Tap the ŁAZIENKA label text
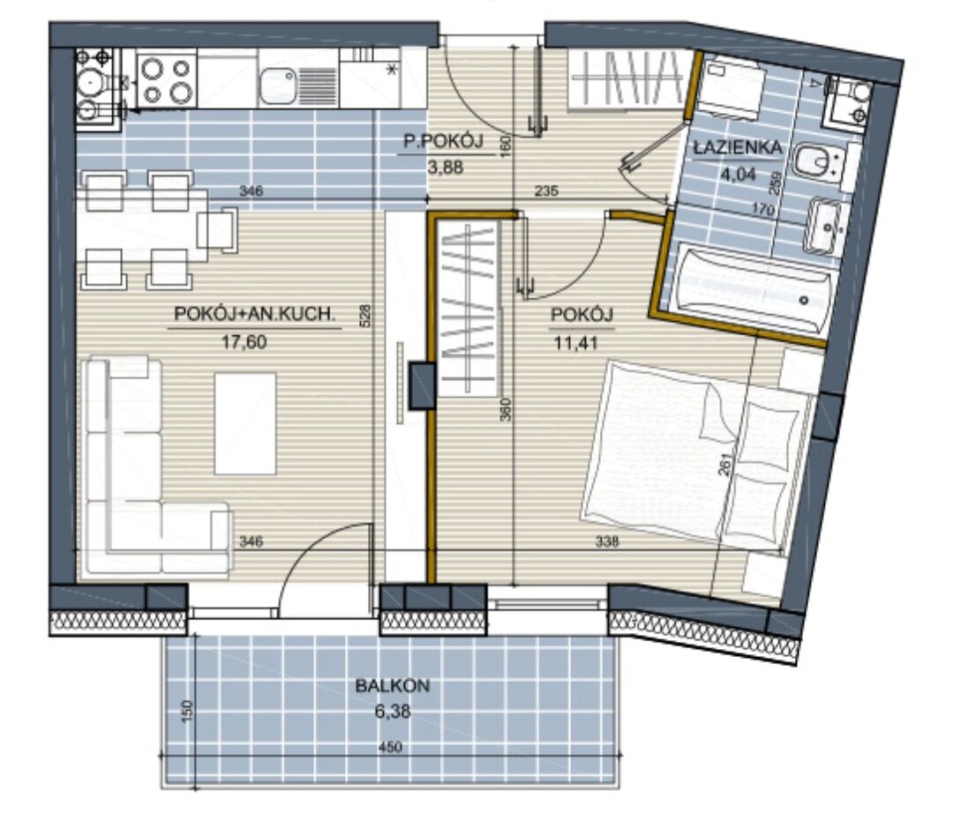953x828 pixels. tap(738, 147)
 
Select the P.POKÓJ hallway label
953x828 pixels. tap(444, 142)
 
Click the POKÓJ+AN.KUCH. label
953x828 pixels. tap(255, 314)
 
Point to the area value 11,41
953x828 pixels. tap(575, 343)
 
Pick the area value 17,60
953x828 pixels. tap(244, 342)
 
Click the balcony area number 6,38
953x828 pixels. tap(393, 711)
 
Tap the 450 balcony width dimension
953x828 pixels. tap(390, 747)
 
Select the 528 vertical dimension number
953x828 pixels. tap(364, 316)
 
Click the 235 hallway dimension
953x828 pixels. tap(546, 190)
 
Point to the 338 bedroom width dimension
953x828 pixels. tap(606, 541)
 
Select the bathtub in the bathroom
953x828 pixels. tap(754, 290)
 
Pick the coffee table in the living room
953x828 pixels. tap(245, 423)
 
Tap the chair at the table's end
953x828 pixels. tap(217, 230)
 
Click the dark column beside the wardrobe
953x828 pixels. tap(422, 385)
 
